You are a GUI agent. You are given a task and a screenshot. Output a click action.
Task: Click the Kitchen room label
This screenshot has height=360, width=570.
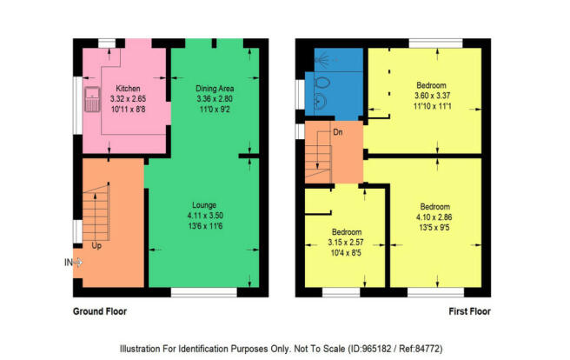(128, 89)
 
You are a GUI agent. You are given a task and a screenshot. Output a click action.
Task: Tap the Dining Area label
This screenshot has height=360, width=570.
(215, 89)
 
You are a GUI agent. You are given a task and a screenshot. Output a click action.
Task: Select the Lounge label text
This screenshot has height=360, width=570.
(204, 205)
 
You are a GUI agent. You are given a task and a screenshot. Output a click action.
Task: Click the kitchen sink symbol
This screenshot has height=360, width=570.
(92, 99)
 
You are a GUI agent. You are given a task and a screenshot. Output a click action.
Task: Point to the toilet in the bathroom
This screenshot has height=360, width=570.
(321, 83)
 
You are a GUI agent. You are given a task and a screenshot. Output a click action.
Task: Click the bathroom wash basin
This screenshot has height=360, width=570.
(320, 101)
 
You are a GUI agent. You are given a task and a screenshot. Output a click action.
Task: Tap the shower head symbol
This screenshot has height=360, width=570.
(322, 59)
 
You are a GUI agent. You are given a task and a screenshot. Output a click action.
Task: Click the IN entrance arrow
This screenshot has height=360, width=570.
(74, 263)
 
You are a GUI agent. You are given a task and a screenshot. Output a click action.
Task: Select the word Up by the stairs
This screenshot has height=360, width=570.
(96, 246)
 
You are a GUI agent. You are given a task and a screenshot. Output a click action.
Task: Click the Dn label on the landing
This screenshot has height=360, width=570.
(338, 132)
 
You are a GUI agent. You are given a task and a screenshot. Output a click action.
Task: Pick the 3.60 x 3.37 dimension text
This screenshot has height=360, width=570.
(432, 96)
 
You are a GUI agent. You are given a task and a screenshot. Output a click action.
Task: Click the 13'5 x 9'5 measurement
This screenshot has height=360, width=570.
(434, 228)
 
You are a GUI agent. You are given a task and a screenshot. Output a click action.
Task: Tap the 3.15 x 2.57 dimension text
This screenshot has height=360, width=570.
(346, 243)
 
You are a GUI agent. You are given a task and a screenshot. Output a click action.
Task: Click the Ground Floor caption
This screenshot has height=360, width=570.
(100, 311)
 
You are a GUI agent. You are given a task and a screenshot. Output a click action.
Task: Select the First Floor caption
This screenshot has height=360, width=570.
(470, 311)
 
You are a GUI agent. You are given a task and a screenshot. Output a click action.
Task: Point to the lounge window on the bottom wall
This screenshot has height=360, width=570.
(204, 292)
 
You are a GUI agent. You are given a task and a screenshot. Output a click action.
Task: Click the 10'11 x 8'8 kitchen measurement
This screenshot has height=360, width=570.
(128, 109)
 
